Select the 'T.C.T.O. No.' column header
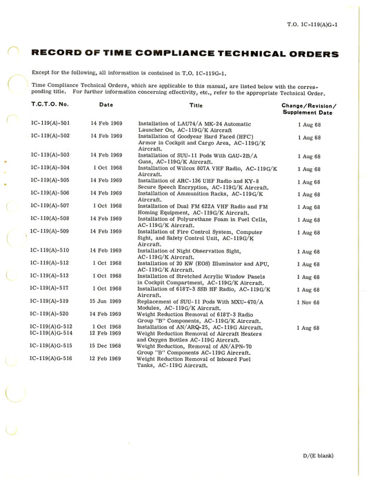[x=50, y=106]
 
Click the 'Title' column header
[x=196, y=106]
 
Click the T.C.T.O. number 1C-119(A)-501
[x=50, y=122]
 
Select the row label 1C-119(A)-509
[x=50, y=231]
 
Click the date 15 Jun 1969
[x=106, y=302]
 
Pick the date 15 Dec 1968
[x=106, y=346]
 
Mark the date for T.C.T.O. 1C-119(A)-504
[x=107, y=168]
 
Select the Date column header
[x=106, y=106]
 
